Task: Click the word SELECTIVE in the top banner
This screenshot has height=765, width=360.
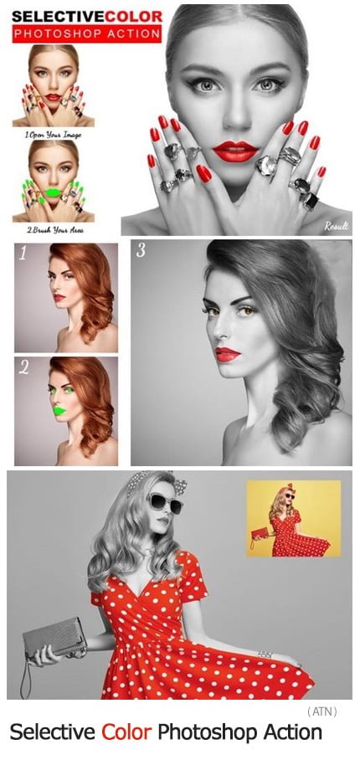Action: pyautogui.click(x=58, y=16)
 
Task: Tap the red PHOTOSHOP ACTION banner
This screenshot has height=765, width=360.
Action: pyautogui.click(x=87, y=33)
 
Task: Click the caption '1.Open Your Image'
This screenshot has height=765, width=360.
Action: pyautogui.click(x=54, y=135)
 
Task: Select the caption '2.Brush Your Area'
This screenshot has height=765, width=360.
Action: pyautogui.click(x=54, y=230)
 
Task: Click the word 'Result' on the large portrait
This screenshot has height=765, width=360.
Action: pyautogui.click(x=337, y=225)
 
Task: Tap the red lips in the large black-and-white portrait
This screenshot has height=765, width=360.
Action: pyautogui.click(x=235, y=151)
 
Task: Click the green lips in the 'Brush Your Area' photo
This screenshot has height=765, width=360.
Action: pyautogui.click(x=54, y=193)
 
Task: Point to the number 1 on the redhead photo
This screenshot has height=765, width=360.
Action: pyautogui.click(x=23, y=254)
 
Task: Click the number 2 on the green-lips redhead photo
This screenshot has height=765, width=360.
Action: pyautogui.click(x=23, y=367)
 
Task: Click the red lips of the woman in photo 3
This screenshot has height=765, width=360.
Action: pyautogui.click(x=228, y=354)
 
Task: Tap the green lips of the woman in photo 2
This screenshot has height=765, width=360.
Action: pyautogui.click(x=59, y=411)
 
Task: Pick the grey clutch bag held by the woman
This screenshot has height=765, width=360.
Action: pyautogui.click(x=54, y=637)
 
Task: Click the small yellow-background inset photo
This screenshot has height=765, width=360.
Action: pyautogui.click(x=294, y=518)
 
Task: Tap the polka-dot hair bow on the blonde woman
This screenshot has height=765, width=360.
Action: pyautogui.click(x=179, y=485)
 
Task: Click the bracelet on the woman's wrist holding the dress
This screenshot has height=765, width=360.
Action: pyautogui.click(x=265, y=655)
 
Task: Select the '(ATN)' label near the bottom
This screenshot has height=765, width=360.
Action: pyautogui.click(x=322, y=711)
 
